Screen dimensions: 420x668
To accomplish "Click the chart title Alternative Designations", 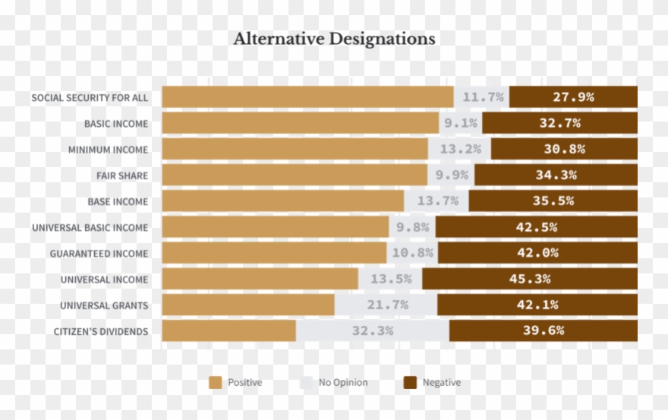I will click(x=334, y=39).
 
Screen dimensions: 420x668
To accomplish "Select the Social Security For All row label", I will click(x=90, y=98).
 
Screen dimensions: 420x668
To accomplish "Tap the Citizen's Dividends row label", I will click(x=100, y=332).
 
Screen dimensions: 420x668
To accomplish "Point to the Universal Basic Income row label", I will click(x=90, y=228).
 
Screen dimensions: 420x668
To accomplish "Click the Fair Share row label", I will click(x=122, y=176).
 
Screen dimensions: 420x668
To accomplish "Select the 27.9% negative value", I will click(x=573, y=97).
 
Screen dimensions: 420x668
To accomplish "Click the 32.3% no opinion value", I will click(x=372, y=331).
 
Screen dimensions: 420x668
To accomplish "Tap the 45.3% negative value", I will click(x=530, y=279).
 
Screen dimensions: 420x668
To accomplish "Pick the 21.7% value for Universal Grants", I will click(x=386, y=305).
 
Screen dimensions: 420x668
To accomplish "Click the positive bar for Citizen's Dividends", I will click(x=228, y=331).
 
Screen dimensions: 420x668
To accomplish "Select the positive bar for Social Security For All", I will click(x=307, y=97).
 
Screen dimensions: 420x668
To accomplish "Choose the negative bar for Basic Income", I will click(x=559, y=123).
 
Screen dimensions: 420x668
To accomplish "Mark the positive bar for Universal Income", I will click(x=260, y=279).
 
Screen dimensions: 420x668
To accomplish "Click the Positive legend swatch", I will click(x=216, y=383).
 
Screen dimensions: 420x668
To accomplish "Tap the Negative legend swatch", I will click(x=409, y=383).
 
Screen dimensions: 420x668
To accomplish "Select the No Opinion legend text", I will click(x=343, y=383).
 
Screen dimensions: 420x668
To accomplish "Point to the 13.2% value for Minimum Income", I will click(x=460, y=149).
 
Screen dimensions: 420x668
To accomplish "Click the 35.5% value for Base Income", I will click(x=553, y=201).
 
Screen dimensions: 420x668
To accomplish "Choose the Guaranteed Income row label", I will click(x=99, y=254).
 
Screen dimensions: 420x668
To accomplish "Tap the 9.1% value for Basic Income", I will click(x=461, y=123).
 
